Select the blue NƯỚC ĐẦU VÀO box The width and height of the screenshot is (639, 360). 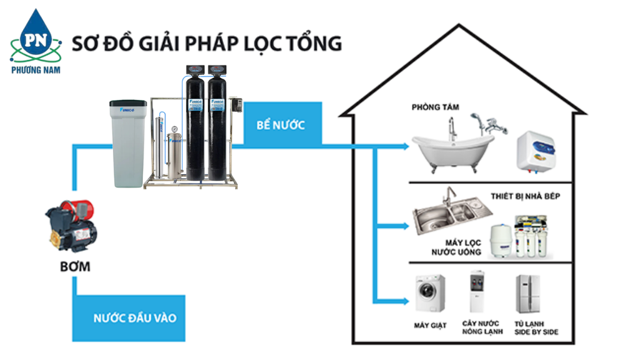(x=135, y=318)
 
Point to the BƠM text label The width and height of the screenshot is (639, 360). (x=75, y=267)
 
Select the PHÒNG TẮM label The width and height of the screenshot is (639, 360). (x=435, y=107)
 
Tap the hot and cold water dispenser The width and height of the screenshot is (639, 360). (x=477, y=292)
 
